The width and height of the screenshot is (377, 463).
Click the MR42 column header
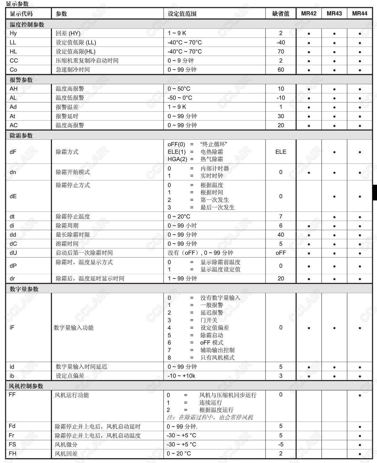pyautogui.click(x=309, y=14)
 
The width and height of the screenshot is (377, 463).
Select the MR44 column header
pyautogui.click(x=359, y=14)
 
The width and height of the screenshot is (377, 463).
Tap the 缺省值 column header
pyautogui.click(x=281, y=14)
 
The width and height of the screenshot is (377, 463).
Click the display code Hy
pyautogui.click(x=13, y=33)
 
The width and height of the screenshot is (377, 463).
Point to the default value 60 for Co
pyautogui.click(x=281, y=70)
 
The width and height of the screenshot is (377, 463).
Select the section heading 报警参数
pyautogui.click(x=21, y=80)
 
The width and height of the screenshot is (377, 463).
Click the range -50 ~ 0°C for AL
pyautogui.click(x=180, y=98)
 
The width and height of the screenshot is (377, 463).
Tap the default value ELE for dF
pyautogui.click(x=281, y=152)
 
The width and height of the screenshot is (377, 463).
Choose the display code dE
pyautogui.click(x=13, y=196)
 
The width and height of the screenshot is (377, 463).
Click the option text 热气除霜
pyautogui.click(x=211, y=159)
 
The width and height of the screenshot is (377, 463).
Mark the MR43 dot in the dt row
pyautogui.click(x=334, y=217)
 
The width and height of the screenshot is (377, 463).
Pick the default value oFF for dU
pyautogui.click(x=281, y=253)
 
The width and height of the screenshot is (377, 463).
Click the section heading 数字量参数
pyautogui.click(x=24, y=289)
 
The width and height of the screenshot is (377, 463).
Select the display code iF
pyautogui.click(x=12, y=328)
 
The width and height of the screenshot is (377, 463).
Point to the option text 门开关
pyautogui.click(x=209, y=320)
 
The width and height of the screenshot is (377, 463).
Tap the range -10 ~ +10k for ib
pyautogui.click(x=181, y=376)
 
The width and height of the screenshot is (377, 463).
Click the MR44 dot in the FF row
pyautogui.click(x=360, y=395)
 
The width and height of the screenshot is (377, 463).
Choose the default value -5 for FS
pyautogui.click(x=281, y=445)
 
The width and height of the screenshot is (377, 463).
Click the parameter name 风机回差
pyautogui.click(x=66, y=454)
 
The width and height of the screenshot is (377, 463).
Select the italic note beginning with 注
pyautogui.click(x=210, y=417)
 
